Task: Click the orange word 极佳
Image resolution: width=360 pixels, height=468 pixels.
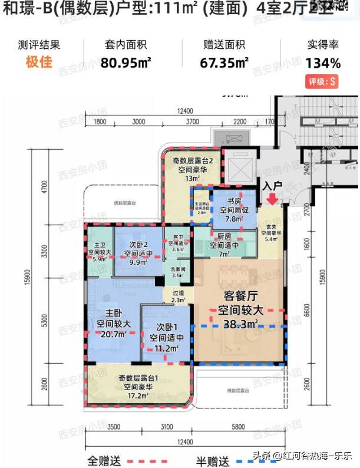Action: [x=39, y=62]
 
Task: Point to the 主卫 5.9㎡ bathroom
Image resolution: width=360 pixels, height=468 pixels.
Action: [x=98, y=251]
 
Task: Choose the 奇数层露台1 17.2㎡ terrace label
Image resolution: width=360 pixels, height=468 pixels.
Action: [x=140, y=388]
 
